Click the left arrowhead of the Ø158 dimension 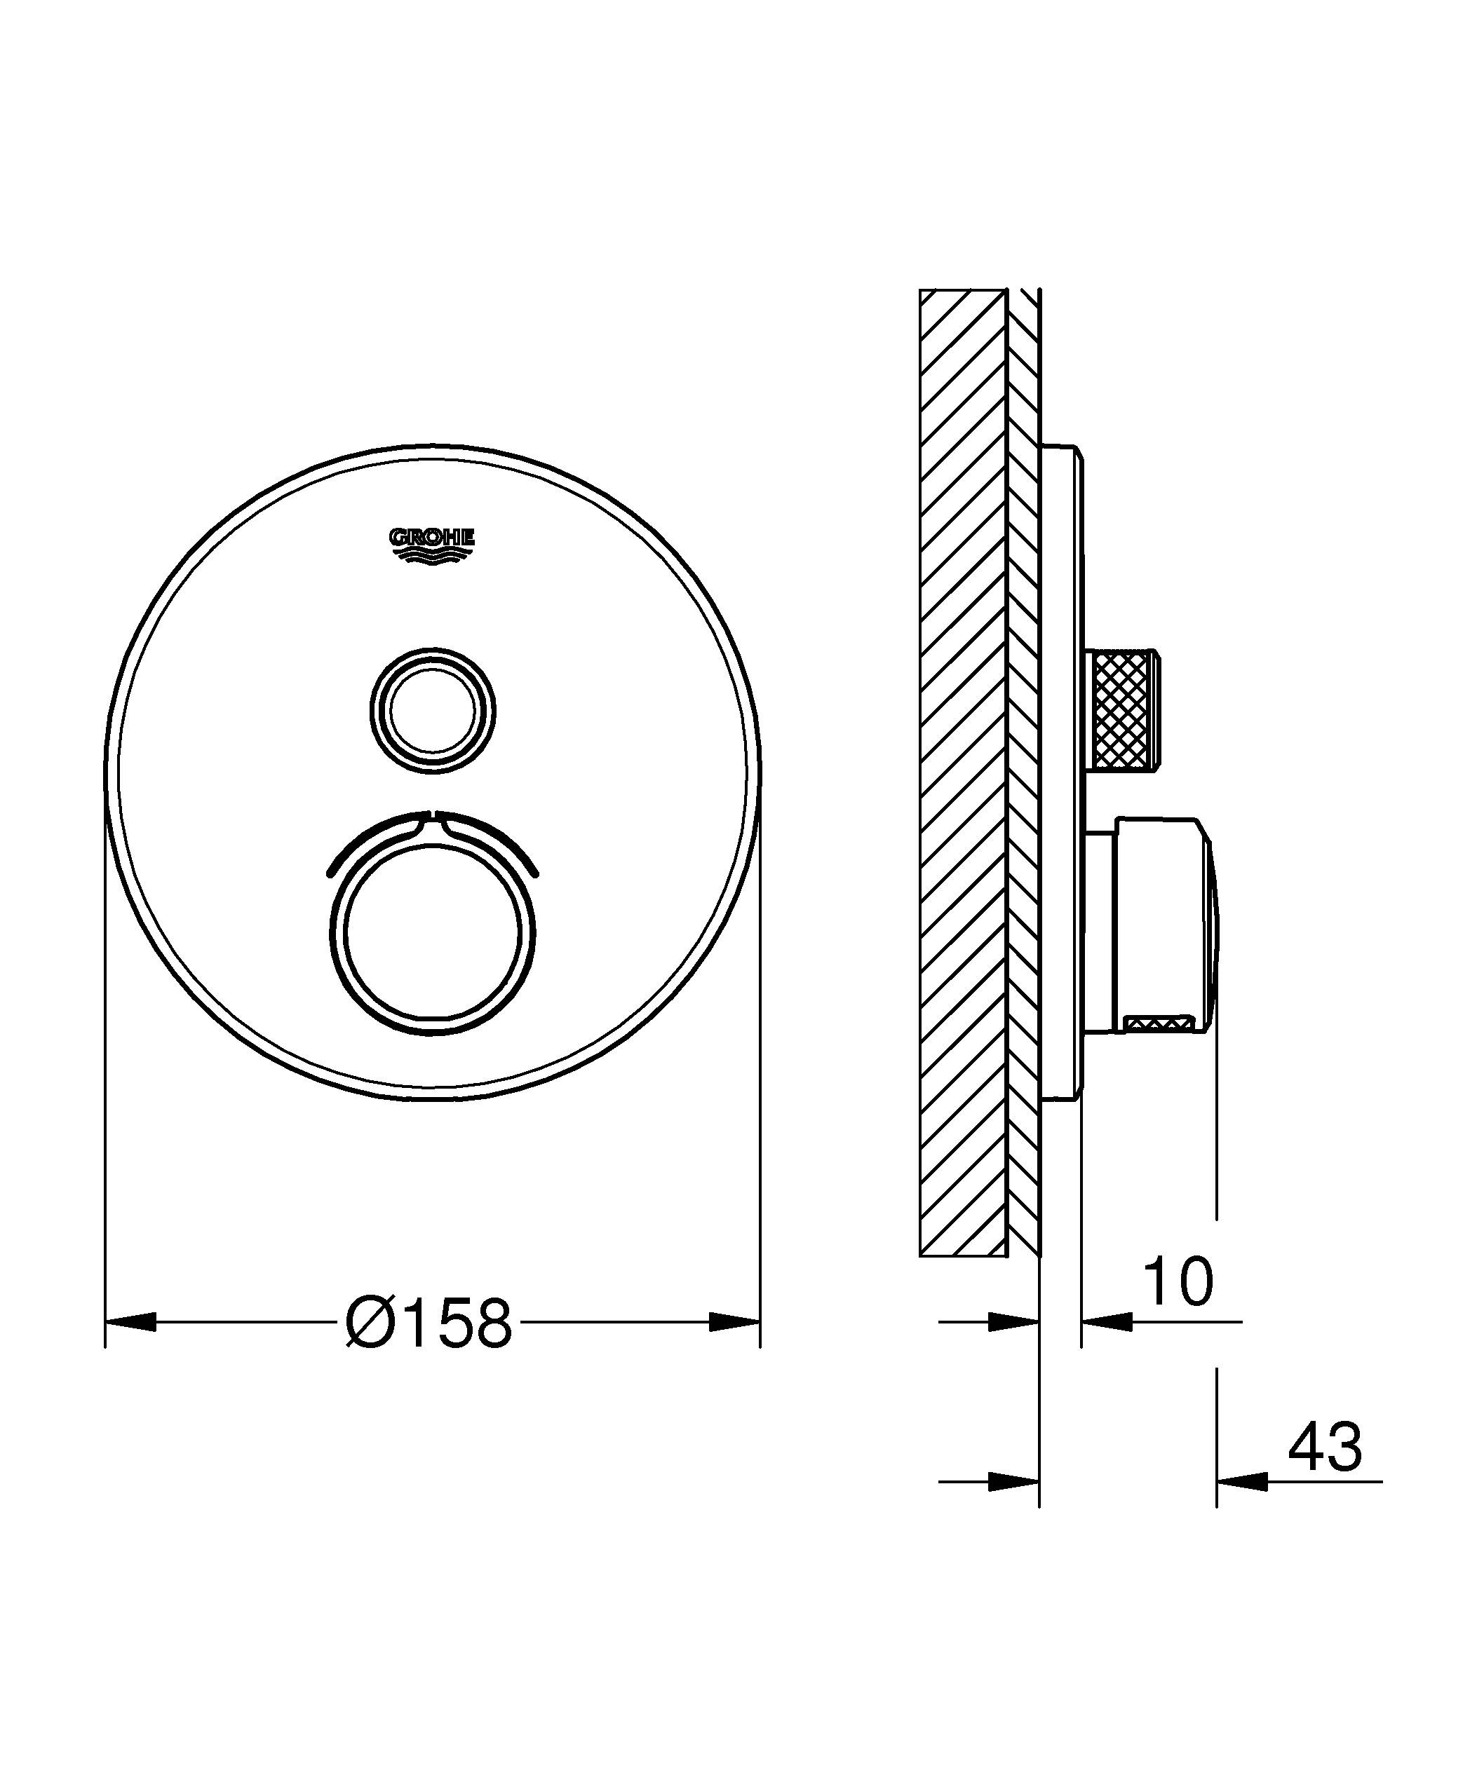tap(130, 1321)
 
